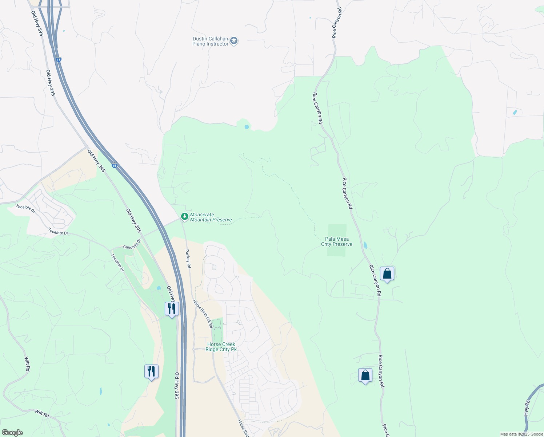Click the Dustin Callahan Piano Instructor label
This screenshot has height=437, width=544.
coord(210,42)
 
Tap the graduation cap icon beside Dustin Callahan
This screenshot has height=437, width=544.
coord(234,41)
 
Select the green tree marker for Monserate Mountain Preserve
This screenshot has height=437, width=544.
coord(185,217)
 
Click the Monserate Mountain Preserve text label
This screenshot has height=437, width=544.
coord(211,217)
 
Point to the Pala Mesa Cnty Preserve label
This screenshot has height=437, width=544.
coord(336,242)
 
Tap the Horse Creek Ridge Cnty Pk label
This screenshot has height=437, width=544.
coord(221,347)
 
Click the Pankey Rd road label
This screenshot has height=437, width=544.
coord(188,259)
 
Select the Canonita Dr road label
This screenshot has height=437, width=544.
coord(132,245)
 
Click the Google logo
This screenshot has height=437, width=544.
coord(12,433)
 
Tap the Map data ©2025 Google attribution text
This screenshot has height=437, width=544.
coord(521,434)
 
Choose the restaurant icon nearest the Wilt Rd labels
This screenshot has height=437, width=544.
coord(151,371)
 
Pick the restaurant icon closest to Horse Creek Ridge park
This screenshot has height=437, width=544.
coord(172,309)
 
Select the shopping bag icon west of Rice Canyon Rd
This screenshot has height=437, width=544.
coord(365,375)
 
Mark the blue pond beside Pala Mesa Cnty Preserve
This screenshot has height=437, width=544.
coord(365,245)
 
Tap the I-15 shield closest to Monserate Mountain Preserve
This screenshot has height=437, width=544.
coord(114,166)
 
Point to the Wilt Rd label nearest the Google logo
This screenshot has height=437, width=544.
coord(42,413)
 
